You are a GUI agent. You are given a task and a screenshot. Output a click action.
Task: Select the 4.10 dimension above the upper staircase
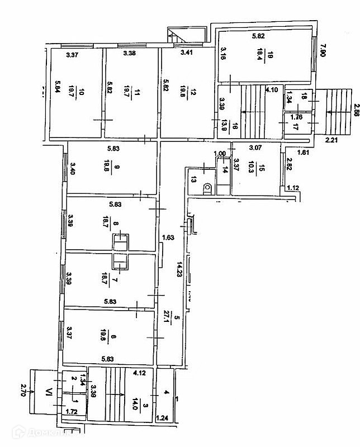pyautogui.click(x=272, y=90)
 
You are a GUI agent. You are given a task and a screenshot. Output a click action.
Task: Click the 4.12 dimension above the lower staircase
pyautogui.click(x=139, y=371)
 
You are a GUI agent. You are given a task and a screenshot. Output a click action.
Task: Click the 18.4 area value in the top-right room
pyautogui.click(x=259, y=56)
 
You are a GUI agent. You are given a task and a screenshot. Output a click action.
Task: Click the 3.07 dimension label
pyautogui.click(x=255, y=148)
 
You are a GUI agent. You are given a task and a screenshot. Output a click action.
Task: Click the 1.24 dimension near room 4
pyautogui.click(x=162, y=417)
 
